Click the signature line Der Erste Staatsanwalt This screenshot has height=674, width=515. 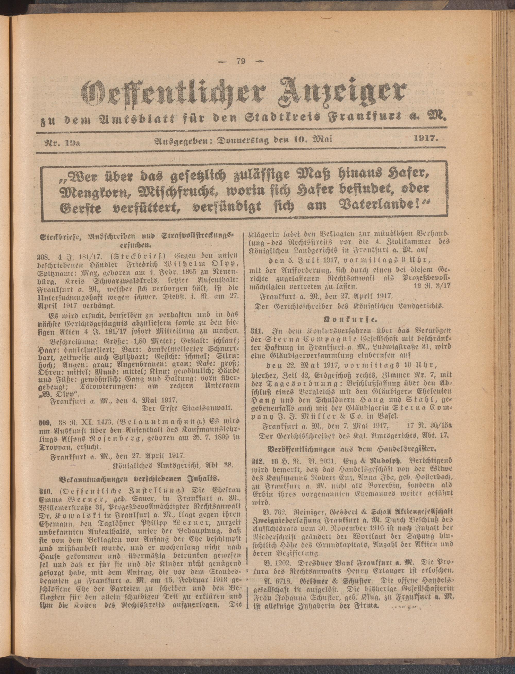pos(188,408)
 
